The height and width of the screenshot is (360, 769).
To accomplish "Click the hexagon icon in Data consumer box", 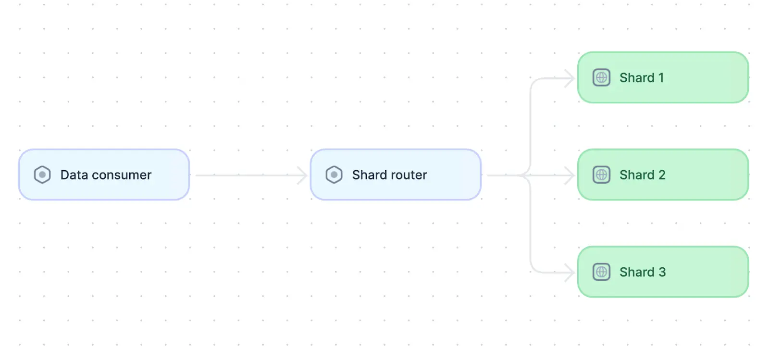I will click(42, 174).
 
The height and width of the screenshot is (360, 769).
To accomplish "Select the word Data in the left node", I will click(74, 175).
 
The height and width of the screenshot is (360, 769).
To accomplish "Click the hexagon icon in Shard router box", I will click(334, 174).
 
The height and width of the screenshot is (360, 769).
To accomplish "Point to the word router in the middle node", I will click(409, 175).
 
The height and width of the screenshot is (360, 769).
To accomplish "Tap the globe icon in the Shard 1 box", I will click(601, 77).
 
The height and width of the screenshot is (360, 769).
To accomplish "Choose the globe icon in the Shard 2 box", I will click(601, 174).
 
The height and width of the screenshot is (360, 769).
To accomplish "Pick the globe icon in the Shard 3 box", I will click(601, 272).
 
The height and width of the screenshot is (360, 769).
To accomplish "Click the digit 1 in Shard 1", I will click(661, 78).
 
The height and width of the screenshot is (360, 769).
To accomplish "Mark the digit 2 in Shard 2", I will click(662, 175).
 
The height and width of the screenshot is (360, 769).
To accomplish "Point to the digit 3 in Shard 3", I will click(662, 272).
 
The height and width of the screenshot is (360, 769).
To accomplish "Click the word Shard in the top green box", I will click(637, 78).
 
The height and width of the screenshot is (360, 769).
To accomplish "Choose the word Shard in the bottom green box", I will click(637, 272).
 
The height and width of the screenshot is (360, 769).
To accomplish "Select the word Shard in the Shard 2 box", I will click(637, 175).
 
